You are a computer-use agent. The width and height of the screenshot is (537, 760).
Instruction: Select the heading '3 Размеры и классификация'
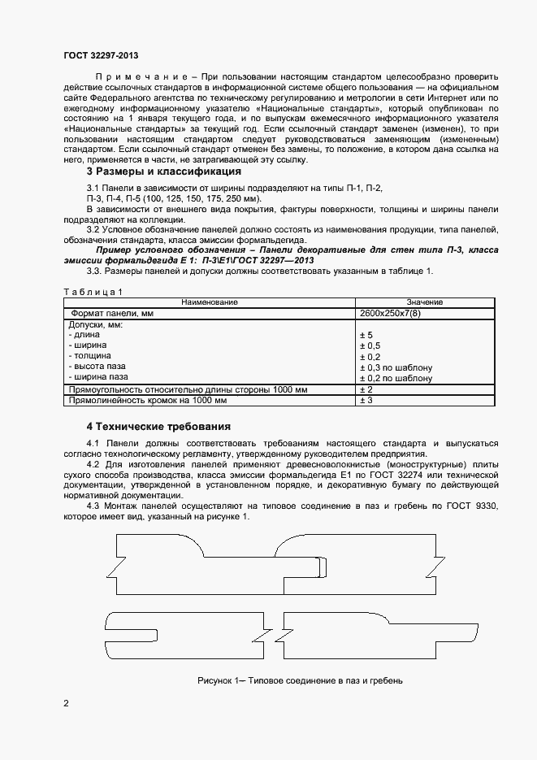[x=163, y=172]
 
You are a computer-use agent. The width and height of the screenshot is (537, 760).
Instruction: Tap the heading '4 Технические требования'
[x=158, y=426]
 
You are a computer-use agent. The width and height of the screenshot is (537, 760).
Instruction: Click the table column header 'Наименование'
[x=210, y=302]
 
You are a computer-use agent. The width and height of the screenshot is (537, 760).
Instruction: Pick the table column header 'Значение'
[x=424, y=302]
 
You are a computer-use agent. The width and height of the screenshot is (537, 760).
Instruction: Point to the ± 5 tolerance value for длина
[x=366, y=335]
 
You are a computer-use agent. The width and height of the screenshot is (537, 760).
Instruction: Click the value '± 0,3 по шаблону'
[x=396, y=367]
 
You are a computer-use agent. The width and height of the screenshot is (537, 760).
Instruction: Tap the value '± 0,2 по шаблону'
[x=396, y=378]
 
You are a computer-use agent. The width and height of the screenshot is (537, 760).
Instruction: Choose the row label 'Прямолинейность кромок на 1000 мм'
[x=148, y=401]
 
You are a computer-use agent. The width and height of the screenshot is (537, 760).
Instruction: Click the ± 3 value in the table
[x=366, y=401]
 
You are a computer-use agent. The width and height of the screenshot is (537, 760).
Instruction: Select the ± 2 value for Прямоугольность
[x=366, y=389]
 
